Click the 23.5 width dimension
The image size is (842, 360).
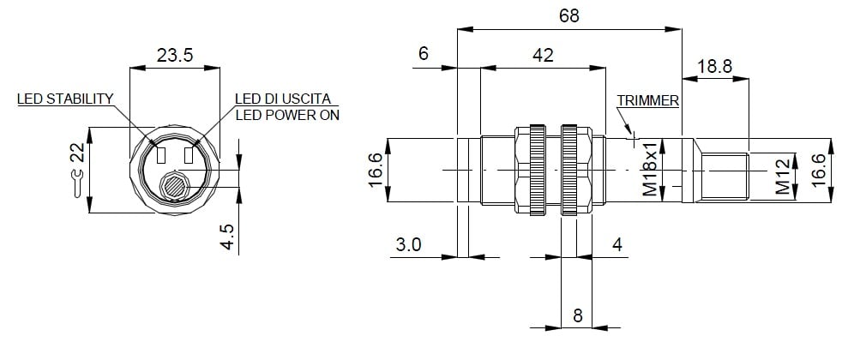(175, 56)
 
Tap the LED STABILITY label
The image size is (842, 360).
(65, 99)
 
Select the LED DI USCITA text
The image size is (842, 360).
(282, 99)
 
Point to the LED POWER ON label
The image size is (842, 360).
(287, 115)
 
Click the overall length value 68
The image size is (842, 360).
(568, 16)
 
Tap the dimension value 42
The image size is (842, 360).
(543, 56)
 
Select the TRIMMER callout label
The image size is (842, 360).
(647, 100)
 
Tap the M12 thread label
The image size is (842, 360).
(782, 177)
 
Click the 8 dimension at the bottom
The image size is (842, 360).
(577, 315)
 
